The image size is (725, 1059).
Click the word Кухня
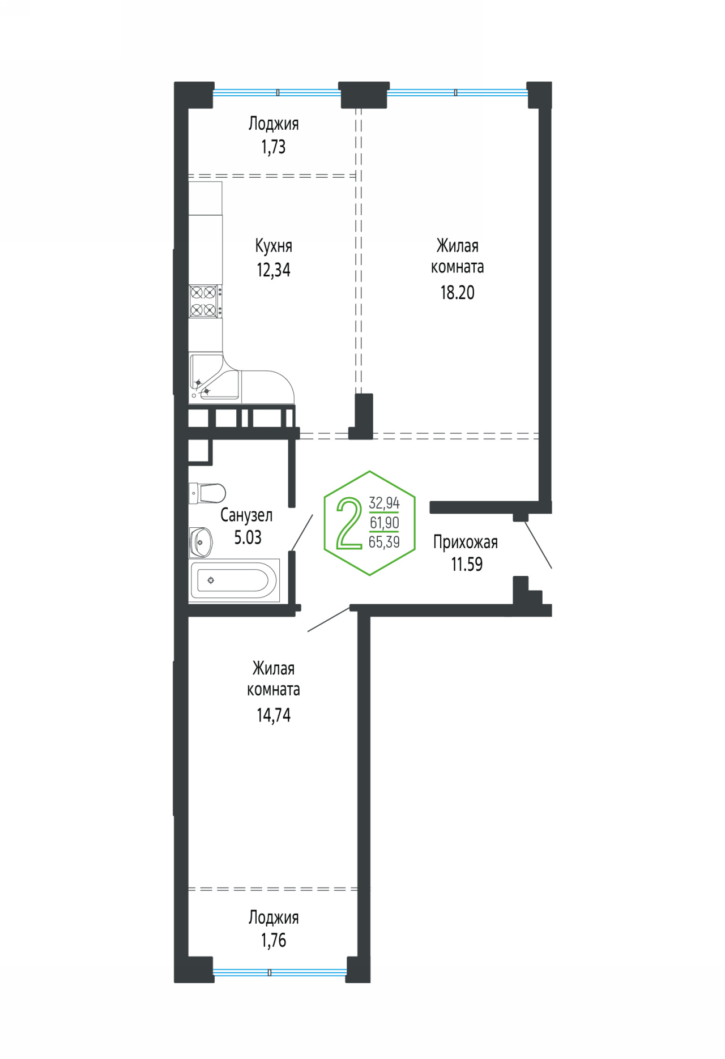(x=274, y=246)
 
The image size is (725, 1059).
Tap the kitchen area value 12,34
(x=274, y=270)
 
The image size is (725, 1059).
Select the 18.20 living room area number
(x=458, y=292)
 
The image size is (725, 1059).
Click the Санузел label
(x=246, y=515)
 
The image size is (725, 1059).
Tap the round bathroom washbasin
(x=201, y=542)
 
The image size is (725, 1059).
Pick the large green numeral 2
(x=349, y=524)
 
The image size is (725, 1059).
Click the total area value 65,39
(x=384, y=542)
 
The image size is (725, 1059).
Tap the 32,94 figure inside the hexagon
(x=384, y=503)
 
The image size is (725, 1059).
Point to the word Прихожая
(x=466, y=543)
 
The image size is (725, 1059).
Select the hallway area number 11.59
(x=467, y=565)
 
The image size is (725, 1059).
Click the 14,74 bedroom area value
(x=274, y=715)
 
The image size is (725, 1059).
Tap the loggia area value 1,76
(x=274, y=941)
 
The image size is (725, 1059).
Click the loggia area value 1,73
(x=274, y=147)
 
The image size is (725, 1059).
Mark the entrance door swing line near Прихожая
(x=538, y=545)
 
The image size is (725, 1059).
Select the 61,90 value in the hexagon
(x=384, y=523)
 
